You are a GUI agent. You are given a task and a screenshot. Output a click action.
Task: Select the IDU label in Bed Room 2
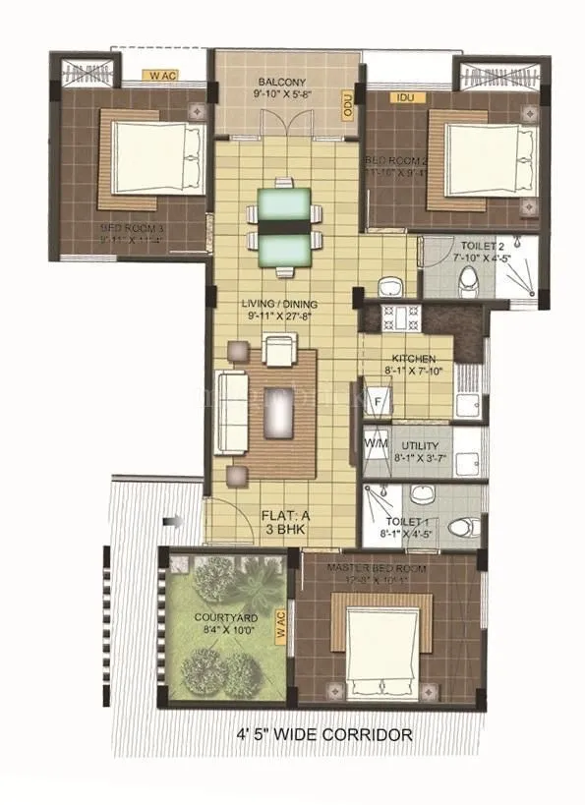click(x=403, y=97)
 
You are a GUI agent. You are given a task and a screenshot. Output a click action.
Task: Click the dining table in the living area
click(x=284, y=225)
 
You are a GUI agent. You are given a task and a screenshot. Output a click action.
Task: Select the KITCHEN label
click(x=413, y=359)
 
